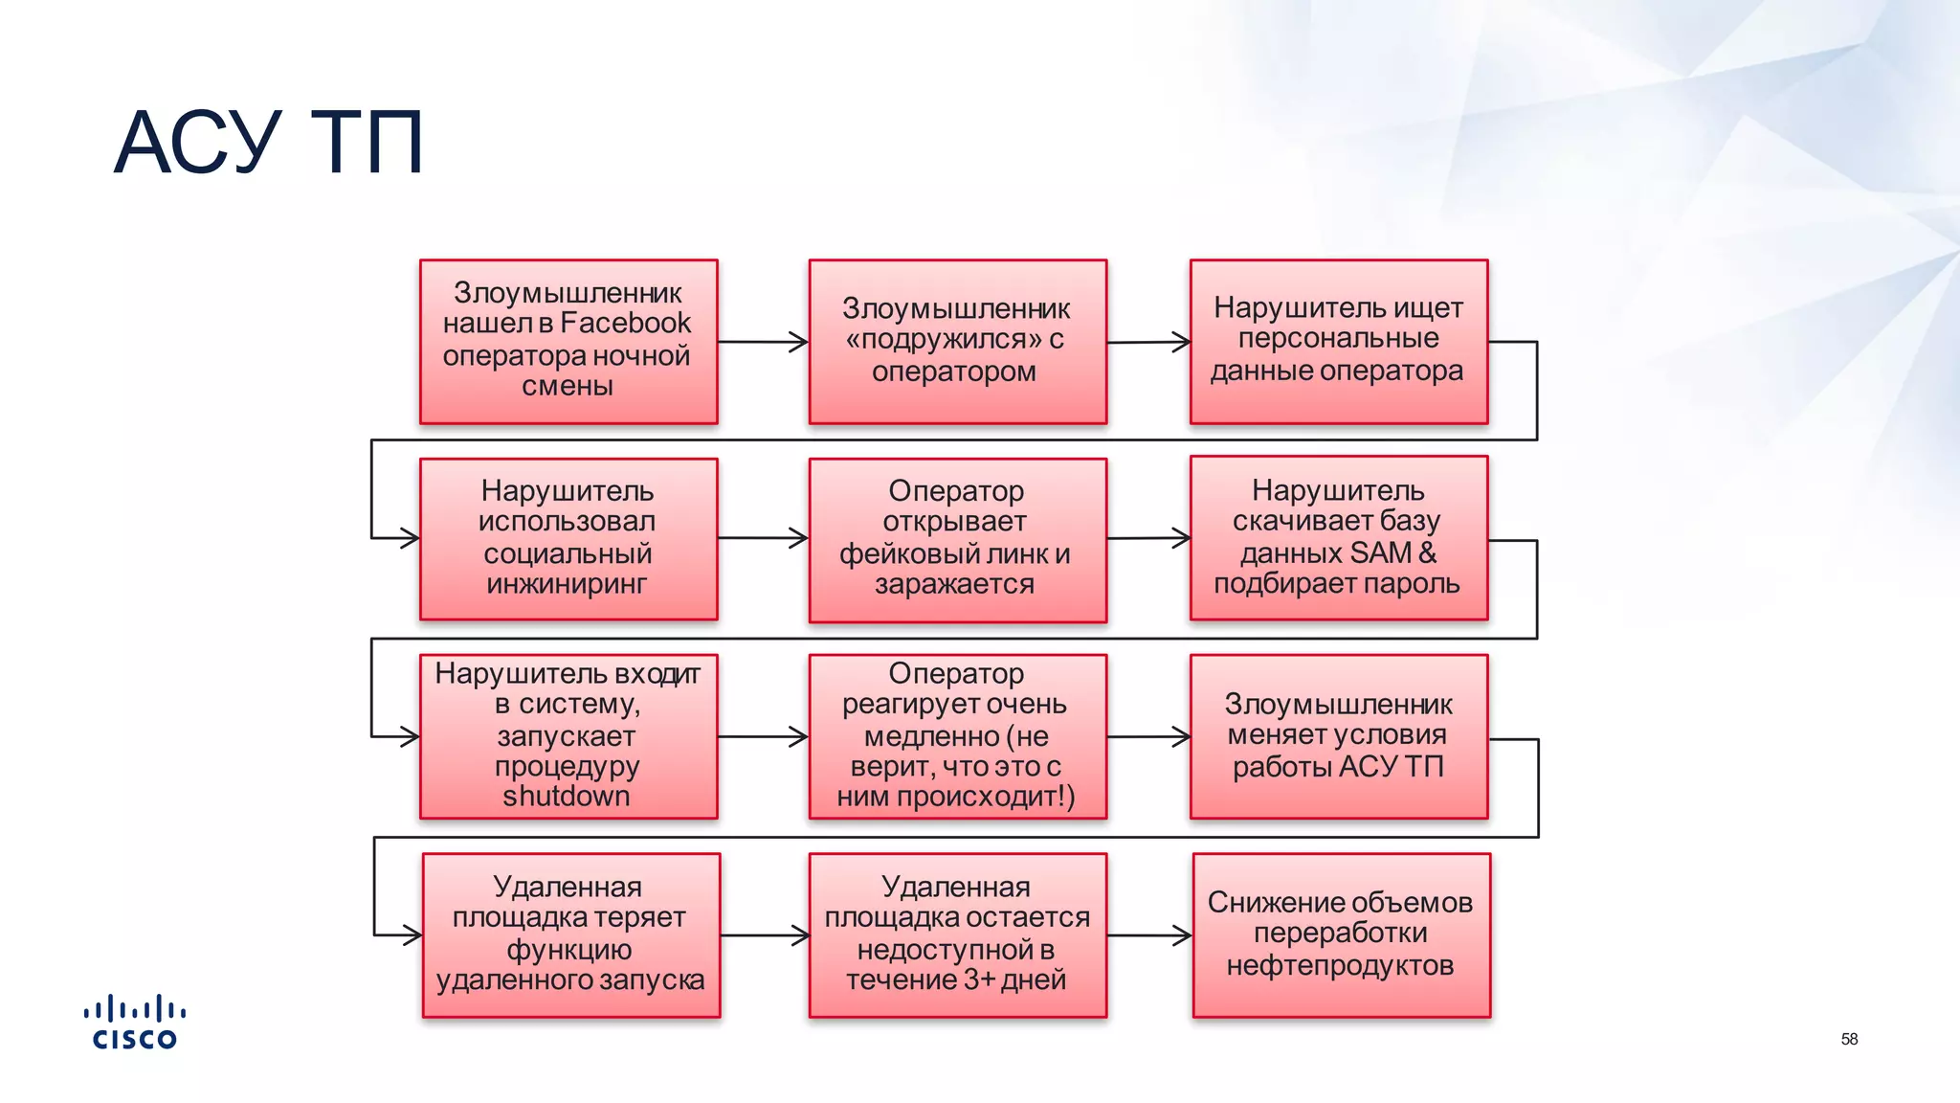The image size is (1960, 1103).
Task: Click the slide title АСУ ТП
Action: coord(268,144)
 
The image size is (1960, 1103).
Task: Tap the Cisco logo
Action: coord(135,1023)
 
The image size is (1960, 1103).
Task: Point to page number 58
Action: coord(1849,1039)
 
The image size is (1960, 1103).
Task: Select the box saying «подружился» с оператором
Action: coord(957,341)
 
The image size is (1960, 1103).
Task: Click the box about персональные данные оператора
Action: coord(1338,341)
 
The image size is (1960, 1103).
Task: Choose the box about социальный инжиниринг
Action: coord(568,538)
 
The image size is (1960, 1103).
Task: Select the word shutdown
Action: coord(567,797)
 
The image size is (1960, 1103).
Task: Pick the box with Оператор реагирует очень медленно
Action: coord(957,735)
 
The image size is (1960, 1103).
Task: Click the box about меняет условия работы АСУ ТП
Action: coord(1338,735)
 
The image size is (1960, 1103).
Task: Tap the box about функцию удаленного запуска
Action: coord(570,934)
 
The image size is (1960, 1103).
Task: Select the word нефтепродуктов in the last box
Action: coord(1340,965)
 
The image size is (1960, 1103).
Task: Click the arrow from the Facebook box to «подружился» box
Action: coord(763,342)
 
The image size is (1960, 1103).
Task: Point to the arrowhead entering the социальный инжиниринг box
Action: coord(410,538)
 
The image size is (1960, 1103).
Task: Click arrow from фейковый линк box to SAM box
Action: coord(1147,538)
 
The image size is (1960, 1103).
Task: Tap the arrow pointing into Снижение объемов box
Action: coord(1149,935)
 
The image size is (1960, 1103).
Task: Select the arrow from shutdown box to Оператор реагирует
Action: coord(763,736)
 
